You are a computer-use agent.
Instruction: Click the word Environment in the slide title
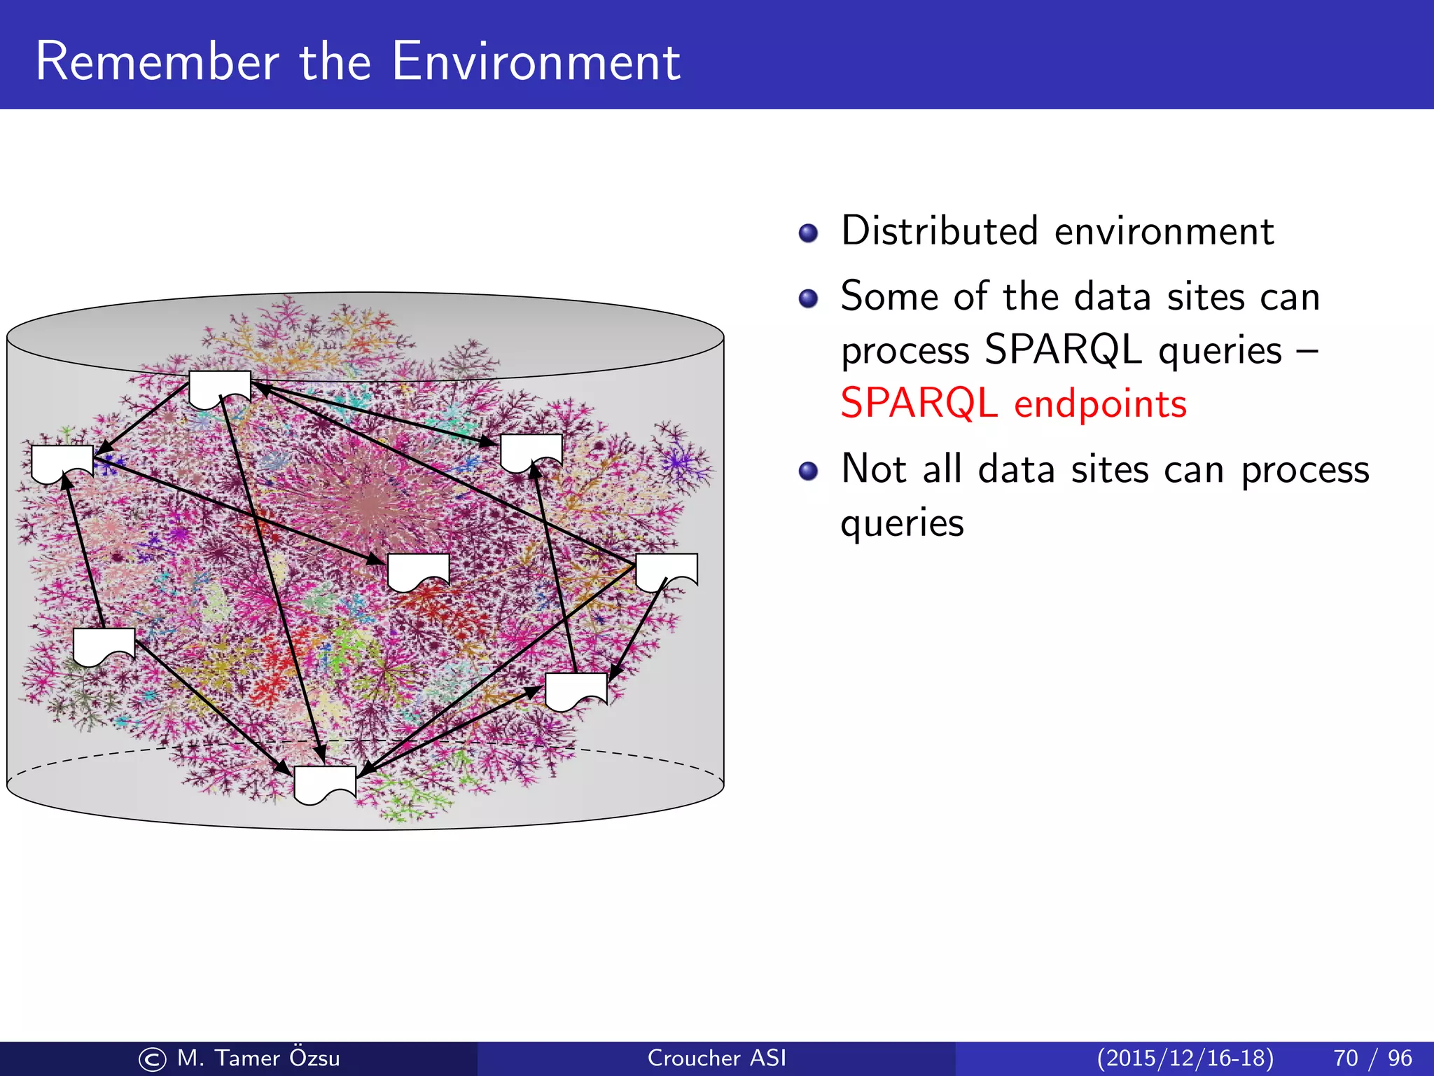[536, 62]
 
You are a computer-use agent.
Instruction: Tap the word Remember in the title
[158, 62]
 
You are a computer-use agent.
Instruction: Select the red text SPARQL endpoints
[1013, 403]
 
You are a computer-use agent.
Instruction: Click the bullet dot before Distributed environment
[808, 233]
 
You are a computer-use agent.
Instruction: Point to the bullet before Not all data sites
[808, 471]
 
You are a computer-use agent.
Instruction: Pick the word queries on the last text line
[902, 523]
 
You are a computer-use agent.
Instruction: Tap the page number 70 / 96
[1372, 1058]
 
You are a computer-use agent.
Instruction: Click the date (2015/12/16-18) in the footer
[1185, 1058]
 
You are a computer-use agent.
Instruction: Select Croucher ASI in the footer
[716, 1058]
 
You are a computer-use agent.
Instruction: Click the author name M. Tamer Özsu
[258, 1058]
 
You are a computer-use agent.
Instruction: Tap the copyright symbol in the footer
[152, 1059]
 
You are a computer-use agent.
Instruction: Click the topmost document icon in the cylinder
[220, 389]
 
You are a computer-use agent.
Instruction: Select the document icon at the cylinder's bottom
[325, 783]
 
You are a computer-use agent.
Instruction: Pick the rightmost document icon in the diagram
[666, 570]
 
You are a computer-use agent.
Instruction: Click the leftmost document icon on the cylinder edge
[62, 462]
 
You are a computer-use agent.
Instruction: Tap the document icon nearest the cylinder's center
[418, 570]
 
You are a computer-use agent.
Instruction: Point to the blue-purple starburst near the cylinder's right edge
[676, 462]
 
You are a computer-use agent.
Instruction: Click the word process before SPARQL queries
[905, 350]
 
